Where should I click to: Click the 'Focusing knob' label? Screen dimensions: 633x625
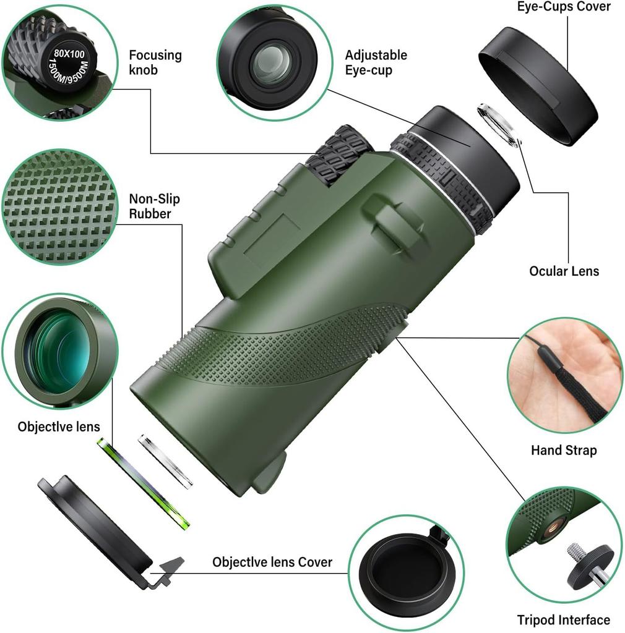[155, 62]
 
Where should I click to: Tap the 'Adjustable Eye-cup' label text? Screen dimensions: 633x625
[376, 62]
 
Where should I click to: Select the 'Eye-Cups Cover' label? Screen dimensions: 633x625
[564, 7]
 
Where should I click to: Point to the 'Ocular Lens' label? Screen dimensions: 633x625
[564, 271]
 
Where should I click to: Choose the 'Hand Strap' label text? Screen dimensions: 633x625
[563, 450]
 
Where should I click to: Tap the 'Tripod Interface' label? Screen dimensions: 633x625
[563, 619]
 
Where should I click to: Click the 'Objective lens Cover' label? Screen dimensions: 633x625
[272, 562]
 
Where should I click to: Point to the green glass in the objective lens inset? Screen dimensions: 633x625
[58, 352]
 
